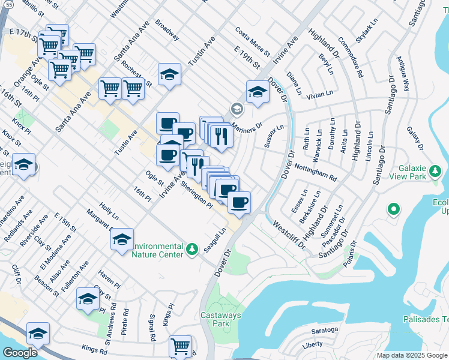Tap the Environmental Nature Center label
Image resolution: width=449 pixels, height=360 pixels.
click(x=157, y=250)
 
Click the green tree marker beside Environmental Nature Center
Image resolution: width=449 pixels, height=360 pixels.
click(x=192, y=248)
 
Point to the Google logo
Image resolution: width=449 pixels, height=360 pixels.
click(x=20, y=353)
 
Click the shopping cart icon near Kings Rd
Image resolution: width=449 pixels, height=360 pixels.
click(x=181, y=346)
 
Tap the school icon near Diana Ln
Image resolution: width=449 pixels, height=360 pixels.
click(x=257, y=92)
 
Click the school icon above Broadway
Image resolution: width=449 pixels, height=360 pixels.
click(x=170, y=74)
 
